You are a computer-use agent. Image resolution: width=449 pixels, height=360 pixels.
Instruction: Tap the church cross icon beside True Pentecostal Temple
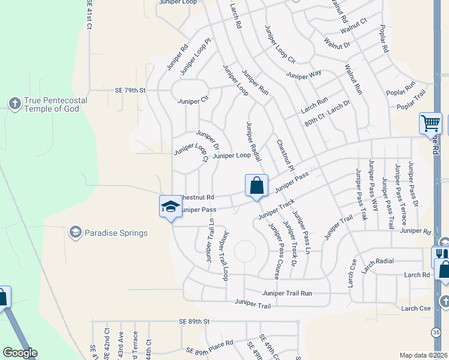[15, 104]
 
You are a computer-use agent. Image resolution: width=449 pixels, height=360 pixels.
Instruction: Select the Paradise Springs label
[116, 233]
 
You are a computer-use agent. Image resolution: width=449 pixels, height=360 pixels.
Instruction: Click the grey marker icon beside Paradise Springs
[76, 232]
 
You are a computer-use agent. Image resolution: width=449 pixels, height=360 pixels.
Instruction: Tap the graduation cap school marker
[170, 206]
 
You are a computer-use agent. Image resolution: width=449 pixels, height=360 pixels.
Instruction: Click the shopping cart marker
[430, 123]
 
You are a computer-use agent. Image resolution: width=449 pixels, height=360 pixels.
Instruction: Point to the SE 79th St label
[130, 91]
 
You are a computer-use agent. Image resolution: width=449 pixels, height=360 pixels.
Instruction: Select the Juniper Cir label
[193, 101]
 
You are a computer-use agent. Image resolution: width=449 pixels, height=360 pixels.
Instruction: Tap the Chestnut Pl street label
[285, 155]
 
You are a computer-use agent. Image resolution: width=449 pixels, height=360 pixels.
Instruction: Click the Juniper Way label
[304, 75]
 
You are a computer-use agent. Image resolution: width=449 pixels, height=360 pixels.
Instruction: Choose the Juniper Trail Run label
[287, 293]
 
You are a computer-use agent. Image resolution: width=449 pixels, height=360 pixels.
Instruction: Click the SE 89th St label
[194, 322]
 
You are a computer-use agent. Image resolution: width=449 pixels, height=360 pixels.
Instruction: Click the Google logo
[20, 353]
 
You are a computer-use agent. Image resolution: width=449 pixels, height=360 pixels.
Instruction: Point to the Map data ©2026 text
[423, 355]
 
